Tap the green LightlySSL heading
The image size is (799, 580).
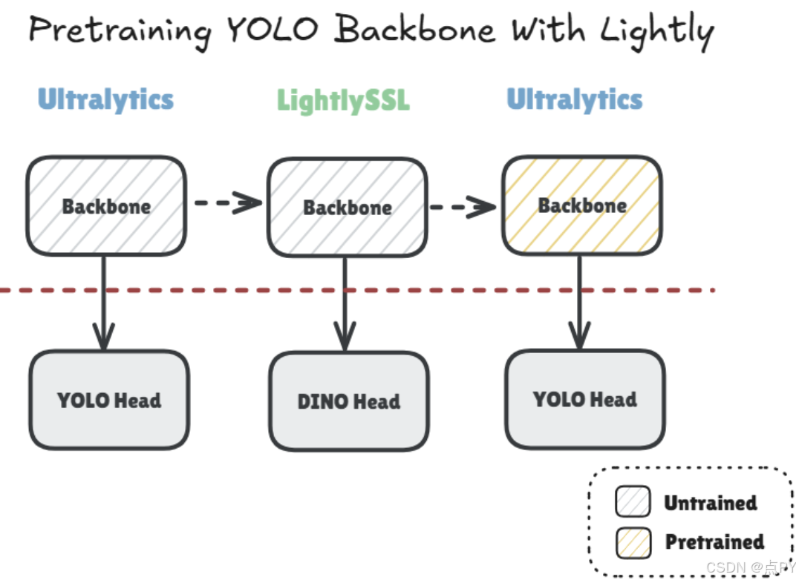(x=343, y=100)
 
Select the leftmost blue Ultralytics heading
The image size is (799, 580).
(x=105, y=99)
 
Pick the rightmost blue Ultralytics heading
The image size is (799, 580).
(x=574, y=99)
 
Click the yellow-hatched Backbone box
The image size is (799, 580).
(x=581, y=205)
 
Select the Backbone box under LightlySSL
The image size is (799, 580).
(x=347, y=207)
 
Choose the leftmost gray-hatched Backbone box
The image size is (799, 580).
(x=106, y=206)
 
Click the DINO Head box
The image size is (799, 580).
(x=348, y=401)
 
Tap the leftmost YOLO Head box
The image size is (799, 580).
(x=108, y=401)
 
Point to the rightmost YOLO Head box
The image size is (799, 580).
(x=584, y=399)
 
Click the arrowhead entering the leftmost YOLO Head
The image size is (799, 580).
(x=103, y=338)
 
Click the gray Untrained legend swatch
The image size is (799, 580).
(x=633, y=502)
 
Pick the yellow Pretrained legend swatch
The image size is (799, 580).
(x=633, y=542)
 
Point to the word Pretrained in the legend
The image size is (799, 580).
(x=714, y=542)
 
